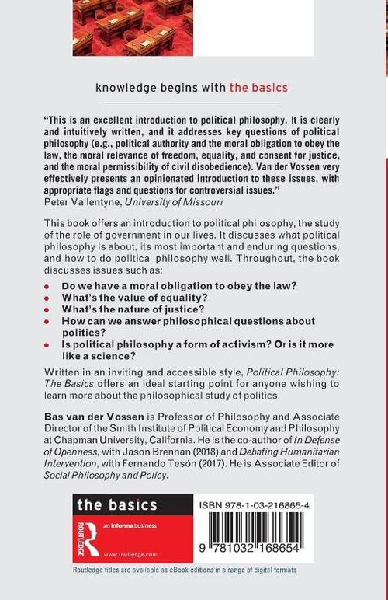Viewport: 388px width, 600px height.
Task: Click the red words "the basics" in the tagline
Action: click(x=263, y=87)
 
